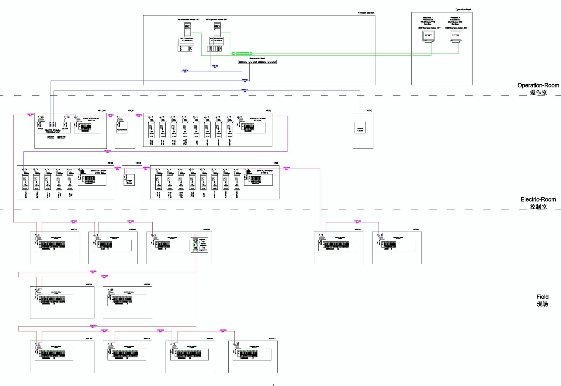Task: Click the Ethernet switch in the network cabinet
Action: pos(257,62)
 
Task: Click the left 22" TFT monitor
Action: pos(428,36)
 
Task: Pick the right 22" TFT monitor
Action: pos(455,36)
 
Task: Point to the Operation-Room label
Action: pos(538,86)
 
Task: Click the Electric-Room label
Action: pos(538,200)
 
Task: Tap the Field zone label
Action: pos(542,297)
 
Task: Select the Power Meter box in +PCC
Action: pos(122,128)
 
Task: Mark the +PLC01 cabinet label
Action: pos(102,111)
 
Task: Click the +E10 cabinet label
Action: pos(268,111)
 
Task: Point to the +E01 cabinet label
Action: pos(110,163)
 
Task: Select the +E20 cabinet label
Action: pos(275,163)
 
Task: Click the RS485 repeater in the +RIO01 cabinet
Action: pos(196,245)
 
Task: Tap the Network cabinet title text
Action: pos(366,13)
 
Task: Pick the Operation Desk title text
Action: pos(463,10)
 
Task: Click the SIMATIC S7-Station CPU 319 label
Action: pos(53,131)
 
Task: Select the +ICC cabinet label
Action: pos(369,111)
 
